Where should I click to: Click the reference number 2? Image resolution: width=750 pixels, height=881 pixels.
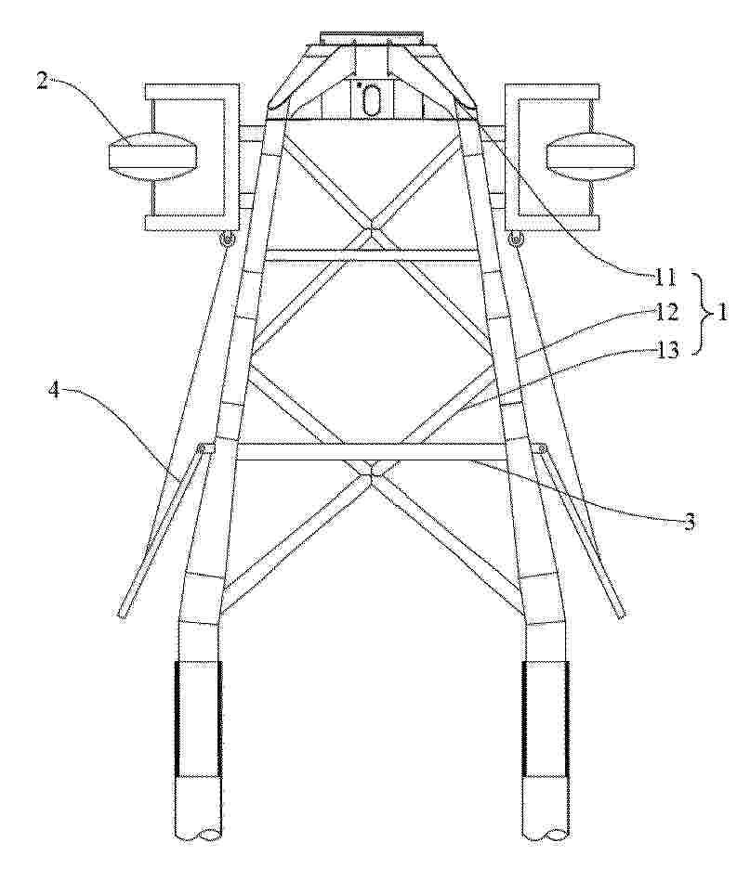tap(44, 81)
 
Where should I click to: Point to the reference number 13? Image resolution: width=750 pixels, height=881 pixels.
tap(668, 350)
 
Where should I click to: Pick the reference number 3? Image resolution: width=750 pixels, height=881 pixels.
tap(689, 522)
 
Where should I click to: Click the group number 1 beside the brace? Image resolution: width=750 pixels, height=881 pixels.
tap(722, 313)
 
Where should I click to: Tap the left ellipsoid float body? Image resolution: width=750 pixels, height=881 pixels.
tap(152, 156)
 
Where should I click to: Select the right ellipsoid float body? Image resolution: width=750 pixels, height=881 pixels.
tap(591, 156)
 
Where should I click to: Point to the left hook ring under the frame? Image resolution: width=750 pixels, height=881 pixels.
tap(228, 240)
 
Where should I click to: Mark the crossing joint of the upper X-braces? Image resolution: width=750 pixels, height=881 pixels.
tap(371, 230)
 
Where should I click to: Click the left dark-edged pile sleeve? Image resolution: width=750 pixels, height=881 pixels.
tap(198, 719)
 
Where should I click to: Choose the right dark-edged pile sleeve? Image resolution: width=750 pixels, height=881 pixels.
tap(546, 719)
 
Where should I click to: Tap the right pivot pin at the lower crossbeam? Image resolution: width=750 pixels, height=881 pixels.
tap(542, 447)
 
